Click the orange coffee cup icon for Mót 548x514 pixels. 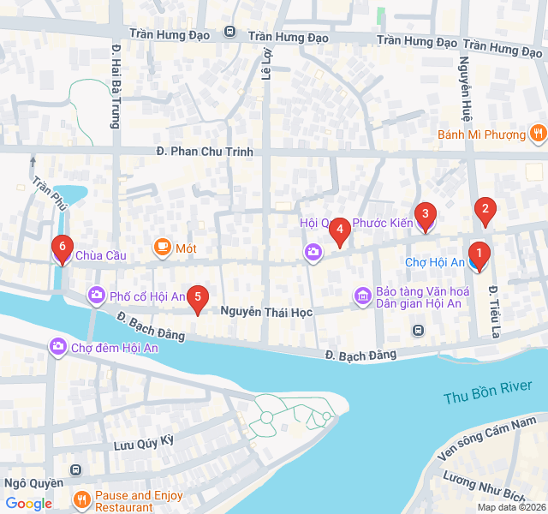coord(162,248)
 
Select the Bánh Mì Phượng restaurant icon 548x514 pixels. coord(537,133)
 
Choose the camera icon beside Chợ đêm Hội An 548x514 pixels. coord(58,347)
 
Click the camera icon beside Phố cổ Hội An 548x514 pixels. coord(97,296)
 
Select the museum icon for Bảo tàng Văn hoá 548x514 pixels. coord(363,296)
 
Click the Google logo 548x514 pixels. coord(28,504)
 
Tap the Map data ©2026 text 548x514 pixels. coord(510,507)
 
